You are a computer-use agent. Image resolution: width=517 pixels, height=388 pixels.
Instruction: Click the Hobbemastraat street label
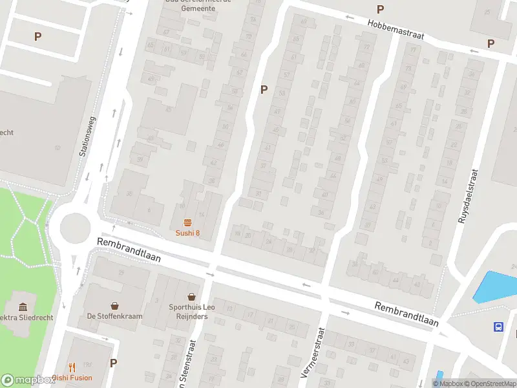point(396,29)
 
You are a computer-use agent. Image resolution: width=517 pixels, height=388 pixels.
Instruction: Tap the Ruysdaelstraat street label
point(468,196)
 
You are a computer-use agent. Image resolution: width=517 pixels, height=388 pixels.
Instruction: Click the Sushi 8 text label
point(187,233)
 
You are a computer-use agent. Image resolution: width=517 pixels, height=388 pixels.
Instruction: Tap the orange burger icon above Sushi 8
point(187,222)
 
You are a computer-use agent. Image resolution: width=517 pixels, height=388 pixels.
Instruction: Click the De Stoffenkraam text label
point(114,317)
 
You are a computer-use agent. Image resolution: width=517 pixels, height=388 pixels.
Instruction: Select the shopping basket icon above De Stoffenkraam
point(114,305)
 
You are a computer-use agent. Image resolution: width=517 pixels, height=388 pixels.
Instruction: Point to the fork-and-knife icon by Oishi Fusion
point(72,365)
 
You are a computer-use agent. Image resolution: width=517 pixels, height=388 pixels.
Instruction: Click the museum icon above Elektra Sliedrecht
point(23,306)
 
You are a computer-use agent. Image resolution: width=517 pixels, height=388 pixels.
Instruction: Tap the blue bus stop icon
point(499,327)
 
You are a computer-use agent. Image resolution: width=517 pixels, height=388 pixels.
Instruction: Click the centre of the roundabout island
point(74,228)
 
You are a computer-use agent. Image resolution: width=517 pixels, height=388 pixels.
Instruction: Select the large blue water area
point(496,286)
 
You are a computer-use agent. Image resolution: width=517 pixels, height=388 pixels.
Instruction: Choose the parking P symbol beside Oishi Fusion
point(113,363)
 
